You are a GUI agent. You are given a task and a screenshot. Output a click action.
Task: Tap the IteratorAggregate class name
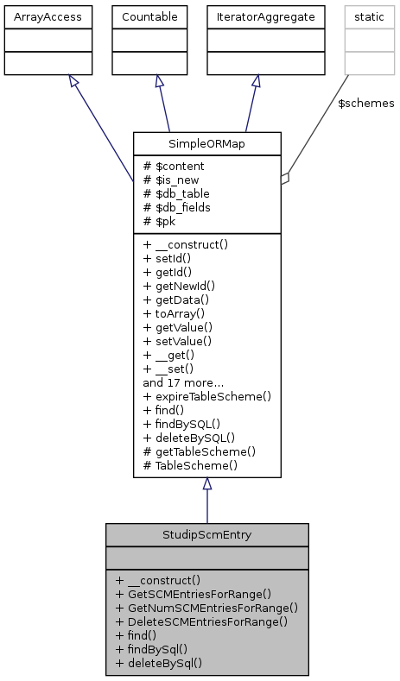pos(254,16)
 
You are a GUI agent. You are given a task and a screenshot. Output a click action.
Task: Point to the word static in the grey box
pos(368,16)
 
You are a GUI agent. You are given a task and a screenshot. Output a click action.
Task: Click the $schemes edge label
pos(365,104)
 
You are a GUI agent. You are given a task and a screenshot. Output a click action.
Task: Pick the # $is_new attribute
pos(173,180)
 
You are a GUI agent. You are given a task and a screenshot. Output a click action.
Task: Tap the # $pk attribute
pos(160,221)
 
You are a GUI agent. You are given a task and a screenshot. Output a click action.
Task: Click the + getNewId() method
pos(179,286)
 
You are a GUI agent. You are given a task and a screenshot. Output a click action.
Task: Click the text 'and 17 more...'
pos(185,382)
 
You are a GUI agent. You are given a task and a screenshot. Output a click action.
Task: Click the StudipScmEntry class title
pos(207,534)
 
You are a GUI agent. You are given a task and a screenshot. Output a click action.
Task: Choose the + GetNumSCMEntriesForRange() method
pos(206,608)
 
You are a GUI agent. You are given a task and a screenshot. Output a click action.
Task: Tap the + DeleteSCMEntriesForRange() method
pos(201,621)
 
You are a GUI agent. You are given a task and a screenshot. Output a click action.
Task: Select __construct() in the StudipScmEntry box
pos(162,580)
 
